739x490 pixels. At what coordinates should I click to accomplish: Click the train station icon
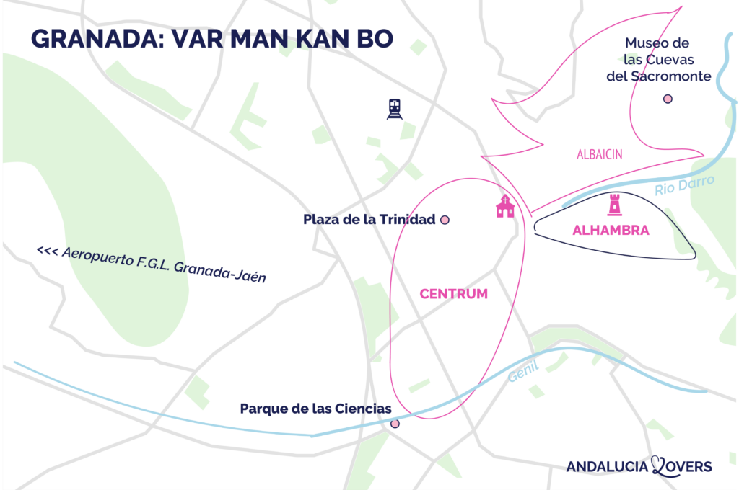(394, 109)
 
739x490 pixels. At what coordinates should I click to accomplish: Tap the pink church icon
(505, 206)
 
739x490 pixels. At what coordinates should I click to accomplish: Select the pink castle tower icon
(614, 205)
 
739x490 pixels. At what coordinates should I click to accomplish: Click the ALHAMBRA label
(611, 231)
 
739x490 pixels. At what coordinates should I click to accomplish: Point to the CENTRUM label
(453, 294)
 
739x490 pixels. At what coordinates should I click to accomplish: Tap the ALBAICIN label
(600, 154)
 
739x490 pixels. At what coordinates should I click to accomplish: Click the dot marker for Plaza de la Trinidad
(445, 220)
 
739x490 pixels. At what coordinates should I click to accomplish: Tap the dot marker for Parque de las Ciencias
(395, 424)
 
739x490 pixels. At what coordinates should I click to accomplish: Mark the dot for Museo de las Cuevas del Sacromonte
(668, 99)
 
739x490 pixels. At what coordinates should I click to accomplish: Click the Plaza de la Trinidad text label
(369, 220)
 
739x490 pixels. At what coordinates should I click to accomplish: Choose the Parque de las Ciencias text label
(315, 409)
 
